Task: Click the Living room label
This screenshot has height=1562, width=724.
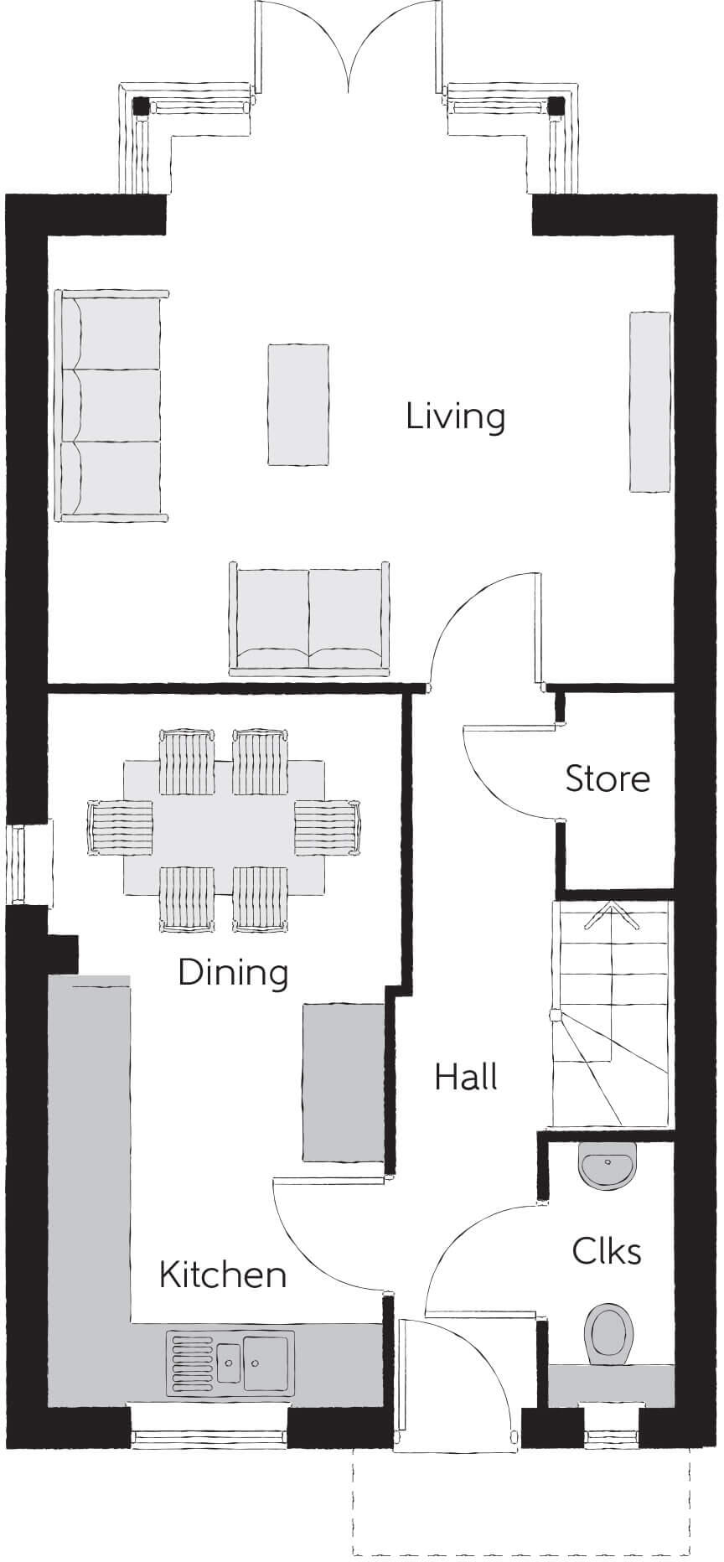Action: (x=455, y=416)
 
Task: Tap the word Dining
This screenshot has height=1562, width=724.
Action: (x=233, y=972)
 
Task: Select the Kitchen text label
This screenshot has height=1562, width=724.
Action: (x=223, y=1275)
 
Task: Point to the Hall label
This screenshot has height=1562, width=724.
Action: (x=466, y=1077)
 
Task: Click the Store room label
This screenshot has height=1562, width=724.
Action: (x=608, y=778)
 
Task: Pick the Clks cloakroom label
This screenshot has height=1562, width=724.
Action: (x=607, y=1251)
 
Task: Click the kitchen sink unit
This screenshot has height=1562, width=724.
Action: (x=230, y=1361)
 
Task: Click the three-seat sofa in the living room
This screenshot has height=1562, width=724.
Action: (x=110, y=406)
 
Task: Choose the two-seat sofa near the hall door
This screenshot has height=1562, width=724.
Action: (x=309, y=618)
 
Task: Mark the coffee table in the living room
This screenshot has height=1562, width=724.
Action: (x=297, y=403)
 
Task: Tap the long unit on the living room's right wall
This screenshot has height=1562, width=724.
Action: (x=649, y=401)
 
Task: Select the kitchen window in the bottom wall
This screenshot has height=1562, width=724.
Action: (x=209, y=1439)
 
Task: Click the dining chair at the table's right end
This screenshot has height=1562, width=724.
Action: (x=327, y=828)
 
